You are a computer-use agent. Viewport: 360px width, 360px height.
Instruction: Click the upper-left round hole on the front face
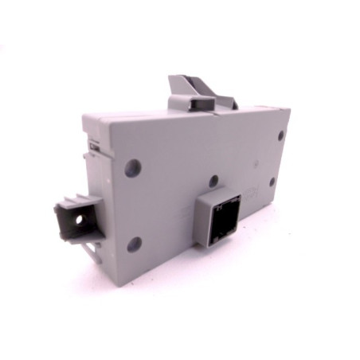pos(133,168)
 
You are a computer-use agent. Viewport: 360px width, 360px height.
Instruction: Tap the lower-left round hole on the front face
pos(134,244)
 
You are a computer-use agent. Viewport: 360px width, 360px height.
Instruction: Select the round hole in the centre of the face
pos(213,181)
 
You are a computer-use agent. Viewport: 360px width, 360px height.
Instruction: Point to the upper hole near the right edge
pos(280,135)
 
